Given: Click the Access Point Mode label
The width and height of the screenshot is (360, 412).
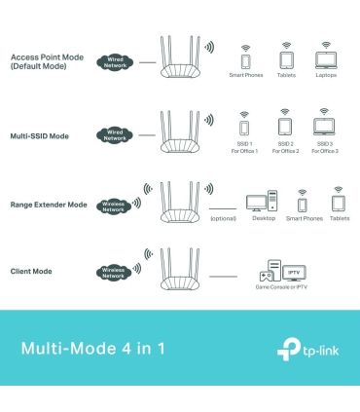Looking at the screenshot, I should coord(47,61).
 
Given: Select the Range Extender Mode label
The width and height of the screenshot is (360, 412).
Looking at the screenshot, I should coord(50,205).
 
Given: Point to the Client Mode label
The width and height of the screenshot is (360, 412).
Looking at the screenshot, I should coord(31,270).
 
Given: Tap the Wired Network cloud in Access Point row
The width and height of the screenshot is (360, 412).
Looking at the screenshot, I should coord(116,61).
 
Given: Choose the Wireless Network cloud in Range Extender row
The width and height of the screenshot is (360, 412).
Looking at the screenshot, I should coord(114,205).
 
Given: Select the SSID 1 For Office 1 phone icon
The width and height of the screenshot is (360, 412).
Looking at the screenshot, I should coord(243,127).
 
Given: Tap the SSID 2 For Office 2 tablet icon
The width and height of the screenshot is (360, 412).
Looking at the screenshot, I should coord(284,127).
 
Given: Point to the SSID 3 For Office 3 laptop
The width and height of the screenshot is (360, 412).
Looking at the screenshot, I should coord(325,127).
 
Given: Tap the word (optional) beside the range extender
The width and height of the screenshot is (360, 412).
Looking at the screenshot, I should coord(224,219).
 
